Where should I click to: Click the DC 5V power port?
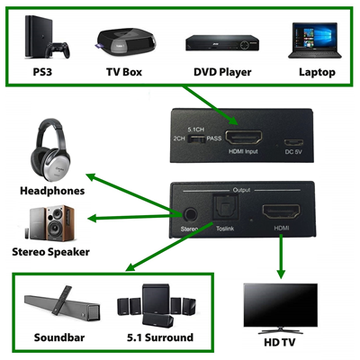pyautogui.click(x=293, y=141)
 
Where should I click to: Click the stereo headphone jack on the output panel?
pyautogui.click(x=190, y=214)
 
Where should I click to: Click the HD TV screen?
pyautogui.click(x=281, y=303)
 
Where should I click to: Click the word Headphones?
pyautogui.click(x=52, y=191)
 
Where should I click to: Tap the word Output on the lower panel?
pyautogui.click(x=241, y=189)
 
